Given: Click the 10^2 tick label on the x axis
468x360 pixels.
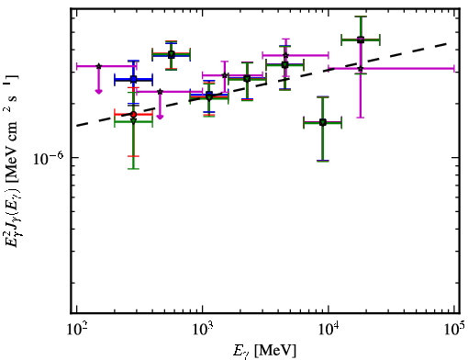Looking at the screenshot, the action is click(76, 329).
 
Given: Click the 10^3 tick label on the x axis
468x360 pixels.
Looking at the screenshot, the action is click(203, 329).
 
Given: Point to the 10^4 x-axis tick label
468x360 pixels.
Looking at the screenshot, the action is click(329, 329).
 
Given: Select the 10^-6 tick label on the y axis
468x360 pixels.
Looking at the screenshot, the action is click(49, 159).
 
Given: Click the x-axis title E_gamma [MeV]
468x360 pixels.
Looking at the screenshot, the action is click(264, 351).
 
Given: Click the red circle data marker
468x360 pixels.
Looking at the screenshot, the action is click(133, 115).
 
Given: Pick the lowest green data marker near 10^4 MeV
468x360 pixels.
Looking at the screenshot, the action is click(323, 122).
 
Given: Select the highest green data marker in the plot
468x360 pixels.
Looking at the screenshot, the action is click(361, 39).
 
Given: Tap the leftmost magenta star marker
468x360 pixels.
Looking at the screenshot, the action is click(98, 66).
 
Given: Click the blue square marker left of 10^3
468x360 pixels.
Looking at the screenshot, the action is click(133, 79).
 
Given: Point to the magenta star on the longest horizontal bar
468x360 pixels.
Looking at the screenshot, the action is click(361, 69).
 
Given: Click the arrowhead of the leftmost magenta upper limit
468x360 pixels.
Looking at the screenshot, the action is click(98, 91).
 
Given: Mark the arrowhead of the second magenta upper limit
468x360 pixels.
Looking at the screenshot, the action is click(160, 117).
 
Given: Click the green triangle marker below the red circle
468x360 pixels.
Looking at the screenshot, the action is click(133, 121).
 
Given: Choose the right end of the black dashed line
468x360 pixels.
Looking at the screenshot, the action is click(448, 43).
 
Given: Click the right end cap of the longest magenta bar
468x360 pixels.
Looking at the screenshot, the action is click(454, 69).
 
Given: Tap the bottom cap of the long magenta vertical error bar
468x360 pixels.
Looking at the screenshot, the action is click(361, 118).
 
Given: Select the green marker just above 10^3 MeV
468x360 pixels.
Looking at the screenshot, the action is click(209, 97).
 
